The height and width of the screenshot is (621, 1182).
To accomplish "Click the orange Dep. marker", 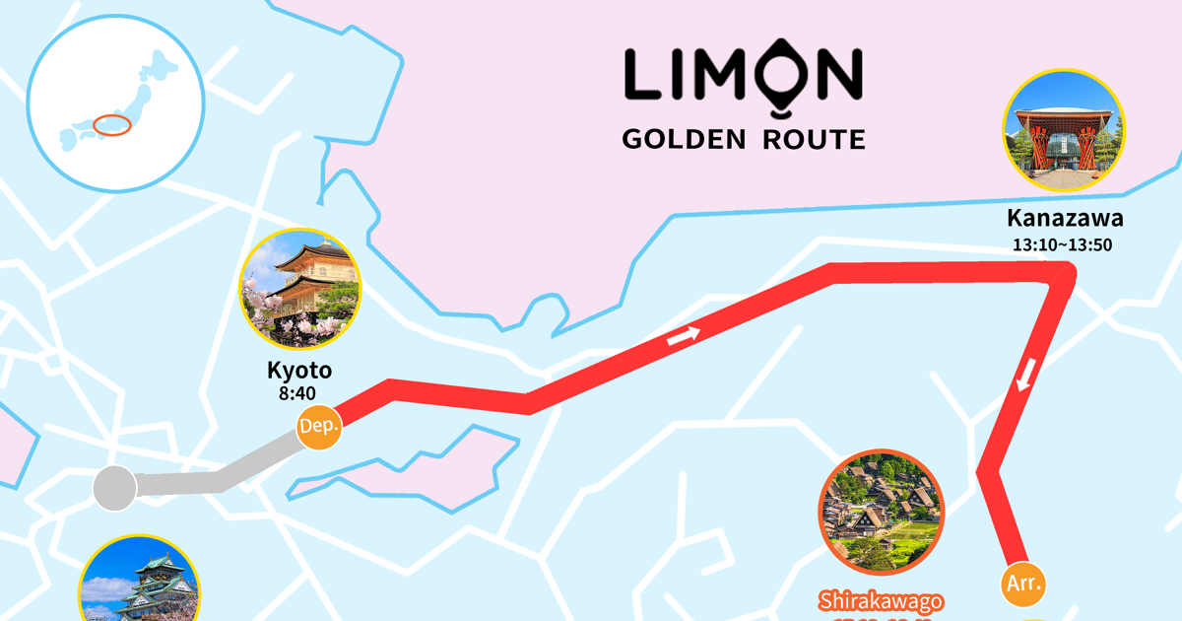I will [x=319, y=427].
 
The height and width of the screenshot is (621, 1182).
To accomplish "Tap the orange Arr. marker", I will [x=1023, y=583].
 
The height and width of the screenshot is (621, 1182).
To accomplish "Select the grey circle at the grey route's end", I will [x=114, y=487].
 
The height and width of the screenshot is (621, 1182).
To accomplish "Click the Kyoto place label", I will [x=299, y=371].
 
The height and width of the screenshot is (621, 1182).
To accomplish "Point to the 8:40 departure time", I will [x=299, y=394].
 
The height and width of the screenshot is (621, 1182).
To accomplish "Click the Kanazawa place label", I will [x=1064, y=218].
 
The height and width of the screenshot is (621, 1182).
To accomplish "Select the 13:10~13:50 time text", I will [x=1063, y=244].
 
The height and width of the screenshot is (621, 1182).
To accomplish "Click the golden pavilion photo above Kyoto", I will [x=301, y=288].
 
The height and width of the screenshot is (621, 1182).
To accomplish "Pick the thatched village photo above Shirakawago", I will [x=882, y=512].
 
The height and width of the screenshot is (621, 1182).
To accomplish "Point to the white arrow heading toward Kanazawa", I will [x=684, y=335].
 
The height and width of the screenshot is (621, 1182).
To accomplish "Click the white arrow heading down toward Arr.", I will [x=1024, y=375].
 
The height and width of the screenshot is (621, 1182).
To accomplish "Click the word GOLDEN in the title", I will [x=685, y=139].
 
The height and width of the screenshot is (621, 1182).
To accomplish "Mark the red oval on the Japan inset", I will [x=113, y=126].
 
